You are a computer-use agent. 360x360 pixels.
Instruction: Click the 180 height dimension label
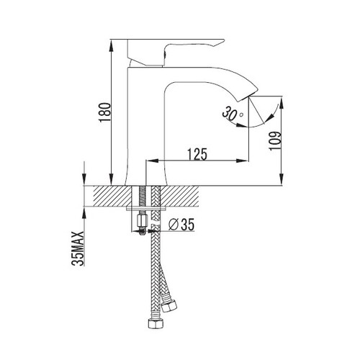(x=105, y=112)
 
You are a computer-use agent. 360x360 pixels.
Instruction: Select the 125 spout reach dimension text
(x=197, y=154)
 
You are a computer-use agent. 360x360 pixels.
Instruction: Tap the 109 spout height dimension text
(x=275, y=140)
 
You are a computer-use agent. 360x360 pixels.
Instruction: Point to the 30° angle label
(x=232, y=114)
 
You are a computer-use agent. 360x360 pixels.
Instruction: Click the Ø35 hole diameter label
(x=181, y=225)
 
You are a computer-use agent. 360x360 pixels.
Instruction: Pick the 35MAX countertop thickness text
(x=78, y=248)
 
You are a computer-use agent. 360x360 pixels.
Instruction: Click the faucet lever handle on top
(x=175, y=52)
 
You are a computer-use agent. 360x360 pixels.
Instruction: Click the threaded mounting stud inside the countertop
(x=142, y=197)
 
